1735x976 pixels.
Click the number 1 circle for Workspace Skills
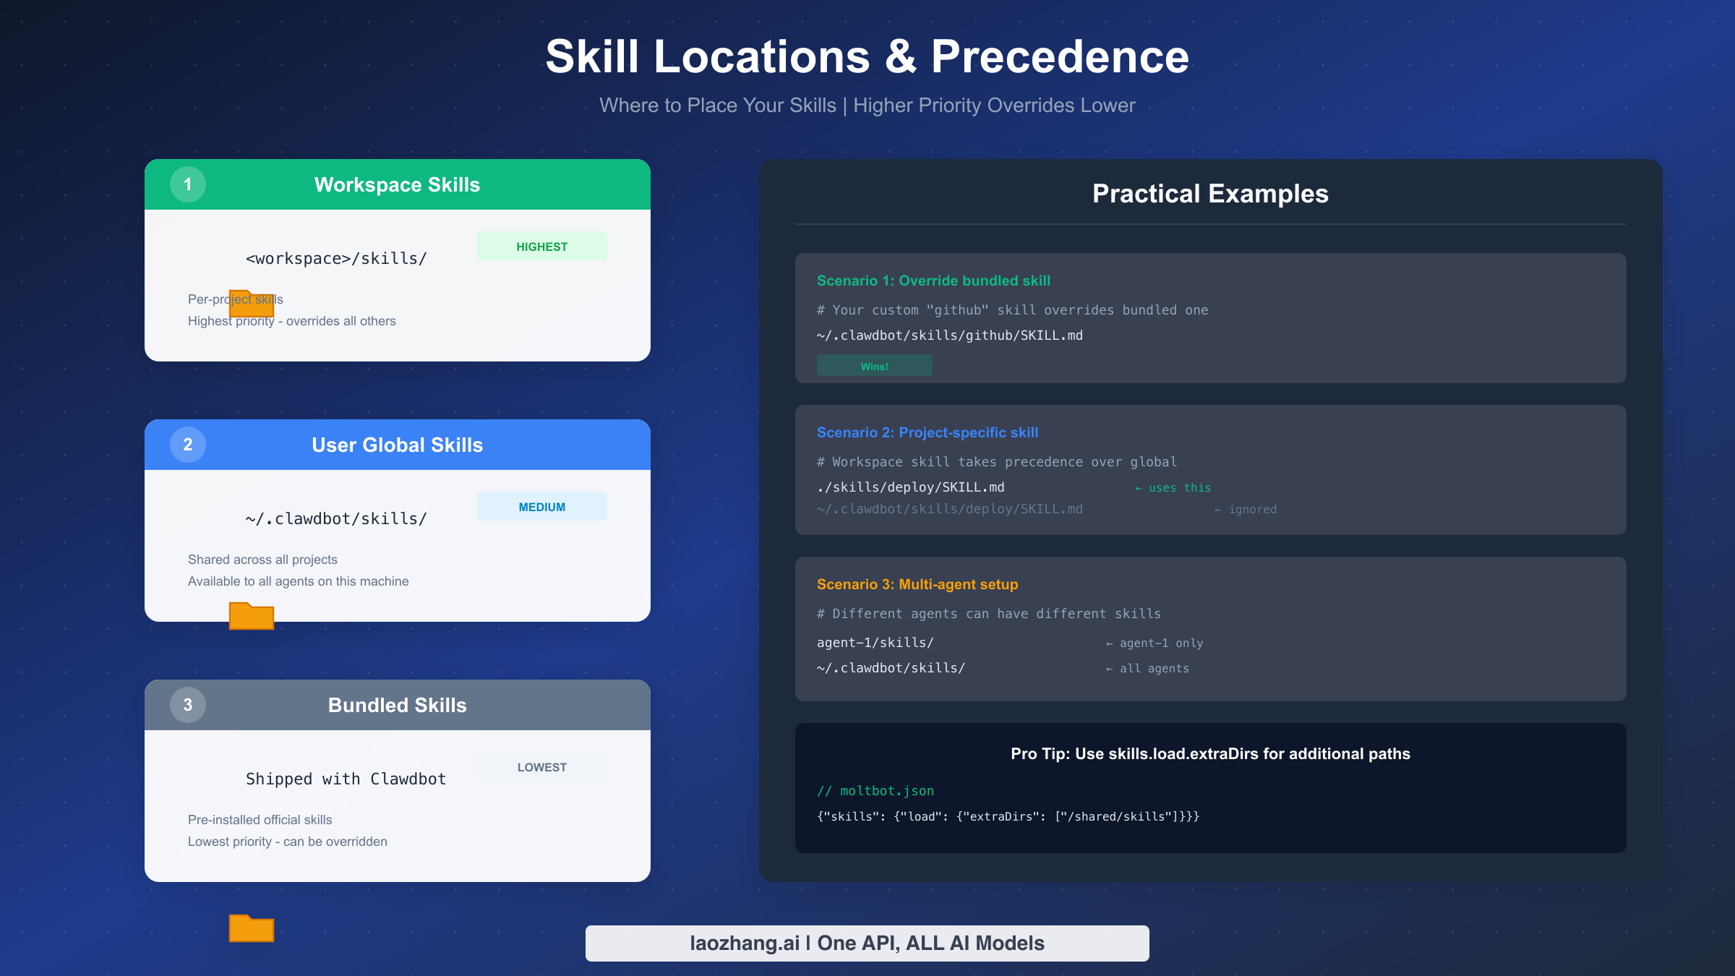(188, 184)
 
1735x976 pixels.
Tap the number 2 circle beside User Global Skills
(188, 445)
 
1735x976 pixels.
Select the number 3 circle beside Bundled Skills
(188, 705)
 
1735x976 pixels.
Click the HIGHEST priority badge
(541, 247)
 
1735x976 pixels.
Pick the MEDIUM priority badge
(541, 507)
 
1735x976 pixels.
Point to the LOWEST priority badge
(541, 767)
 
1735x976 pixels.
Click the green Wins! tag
(874, 366)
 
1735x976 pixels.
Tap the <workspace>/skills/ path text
(336, 259)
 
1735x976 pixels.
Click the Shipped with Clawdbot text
(346, 779)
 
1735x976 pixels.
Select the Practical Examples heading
(1210, 194)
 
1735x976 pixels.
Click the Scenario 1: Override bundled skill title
(933, 281)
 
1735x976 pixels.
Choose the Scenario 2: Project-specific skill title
(928, 432)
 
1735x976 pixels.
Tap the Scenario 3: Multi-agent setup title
(917, 584)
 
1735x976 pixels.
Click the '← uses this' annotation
(1173, 488)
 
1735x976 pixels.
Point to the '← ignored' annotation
(1245, 510)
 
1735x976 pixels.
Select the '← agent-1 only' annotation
(1154, 643)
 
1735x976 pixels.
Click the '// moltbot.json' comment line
(875, 791)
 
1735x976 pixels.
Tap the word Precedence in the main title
(1060, 57)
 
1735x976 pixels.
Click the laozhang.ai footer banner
(867, 943)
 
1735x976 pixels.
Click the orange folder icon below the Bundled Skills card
(252, 928)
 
